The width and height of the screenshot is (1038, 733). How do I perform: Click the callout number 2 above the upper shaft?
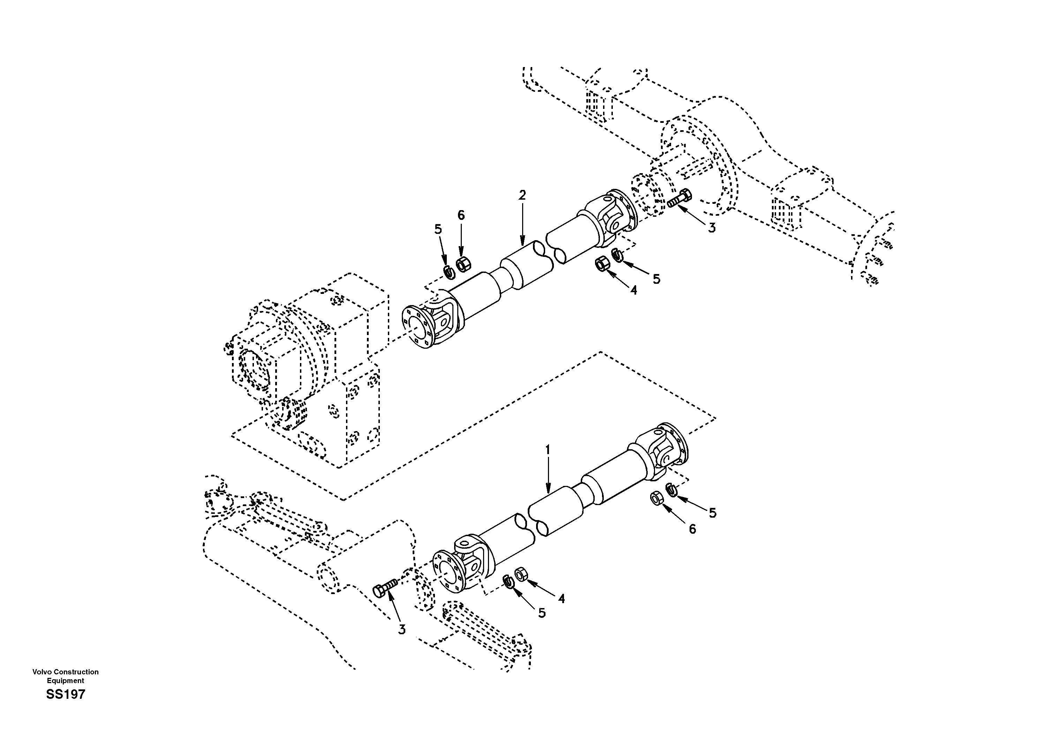(x=522, y=195)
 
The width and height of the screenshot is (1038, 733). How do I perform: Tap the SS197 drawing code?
(x=66, y=695)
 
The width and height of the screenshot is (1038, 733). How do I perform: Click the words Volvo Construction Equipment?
(x=66, y=676)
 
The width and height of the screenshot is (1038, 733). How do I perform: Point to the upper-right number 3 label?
(x=712, y=228)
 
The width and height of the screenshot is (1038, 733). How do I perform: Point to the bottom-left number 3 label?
(x=401, y=629)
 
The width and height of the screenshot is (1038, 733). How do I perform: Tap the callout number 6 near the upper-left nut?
(x=461, y=215)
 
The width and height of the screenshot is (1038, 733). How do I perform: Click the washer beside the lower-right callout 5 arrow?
(x=672, y=490)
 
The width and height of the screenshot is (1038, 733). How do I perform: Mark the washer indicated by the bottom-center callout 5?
(x=508, y=582)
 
